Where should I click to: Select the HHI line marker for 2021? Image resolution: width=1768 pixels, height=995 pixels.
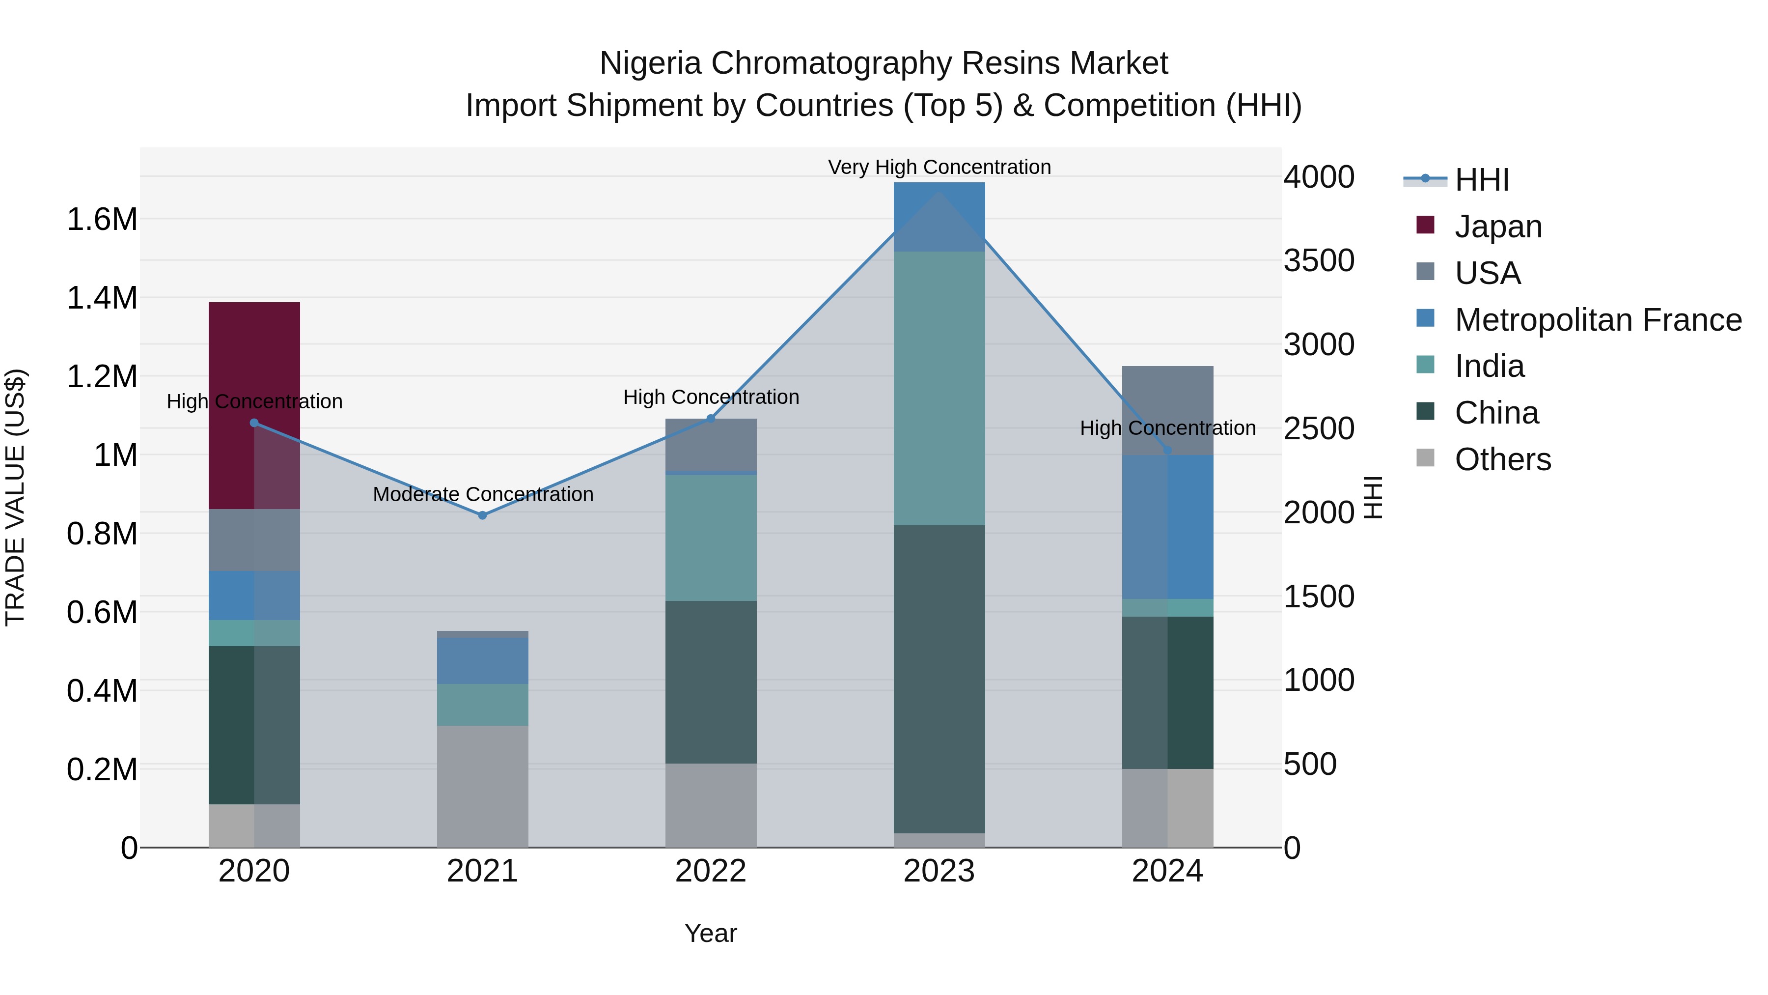[x=482, y=515]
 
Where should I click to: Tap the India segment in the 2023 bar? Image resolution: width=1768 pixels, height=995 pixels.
[x=939, y=388]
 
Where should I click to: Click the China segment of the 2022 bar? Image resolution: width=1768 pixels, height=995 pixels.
[x=711, y=682]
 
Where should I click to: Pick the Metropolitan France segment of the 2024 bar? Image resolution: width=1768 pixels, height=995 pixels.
[x=1167, y=527]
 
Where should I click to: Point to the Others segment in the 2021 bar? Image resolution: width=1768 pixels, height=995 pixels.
[x=482, y=786]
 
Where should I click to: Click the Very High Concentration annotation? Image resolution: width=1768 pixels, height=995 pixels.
[x=939, y=167]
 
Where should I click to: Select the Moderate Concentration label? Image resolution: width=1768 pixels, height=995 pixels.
[x=482, y=494]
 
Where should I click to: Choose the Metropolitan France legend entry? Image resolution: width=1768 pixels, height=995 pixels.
[x=1597, y=320]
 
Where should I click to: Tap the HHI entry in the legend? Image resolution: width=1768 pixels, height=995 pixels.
[x=1481, y=180]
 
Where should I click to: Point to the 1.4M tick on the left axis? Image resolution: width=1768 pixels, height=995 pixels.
[x=102, y=299]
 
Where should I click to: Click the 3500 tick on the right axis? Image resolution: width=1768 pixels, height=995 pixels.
[x=1319, y=261]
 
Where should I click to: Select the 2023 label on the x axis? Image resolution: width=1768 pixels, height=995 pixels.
[x=939, y=871]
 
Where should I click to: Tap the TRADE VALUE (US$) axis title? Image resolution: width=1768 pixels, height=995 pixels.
[x=16, y=497]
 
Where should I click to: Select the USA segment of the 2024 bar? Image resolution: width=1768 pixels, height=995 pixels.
[x=1167, y=410]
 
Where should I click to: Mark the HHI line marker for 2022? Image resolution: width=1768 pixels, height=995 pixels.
[x=711, y=418]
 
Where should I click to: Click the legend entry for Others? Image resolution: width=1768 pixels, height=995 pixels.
[x=1502, y=459]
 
